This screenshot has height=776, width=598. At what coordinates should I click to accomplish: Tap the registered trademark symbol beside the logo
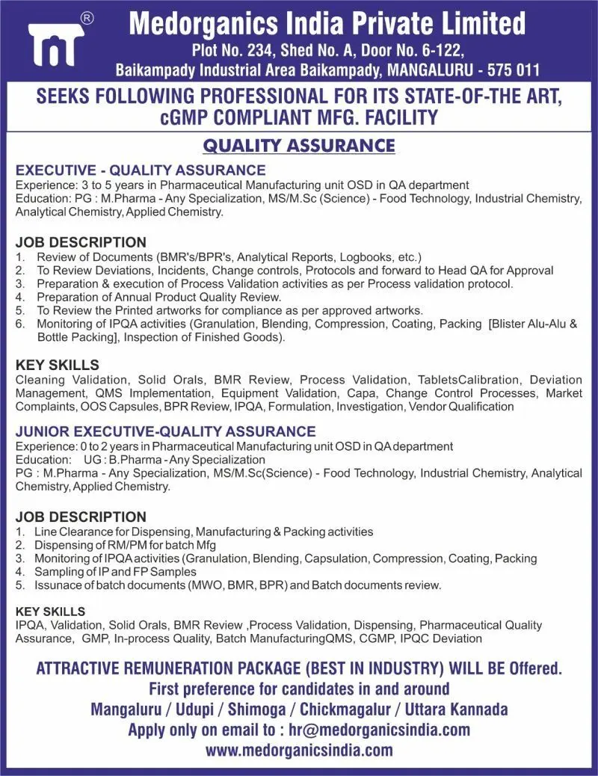pyautogui.click(x=87, y=19)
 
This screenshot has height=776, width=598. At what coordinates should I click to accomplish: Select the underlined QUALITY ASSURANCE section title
pyautogui.click(x=299, y=144)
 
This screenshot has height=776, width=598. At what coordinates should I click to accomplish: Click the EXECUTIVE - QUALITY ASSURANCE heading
pyautogui.click(x=141, y=170)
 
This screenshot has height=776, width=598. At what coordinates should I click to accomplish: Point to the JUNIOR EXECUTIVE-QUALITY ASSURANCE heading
pyautogui.click(x=165, y=431)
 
